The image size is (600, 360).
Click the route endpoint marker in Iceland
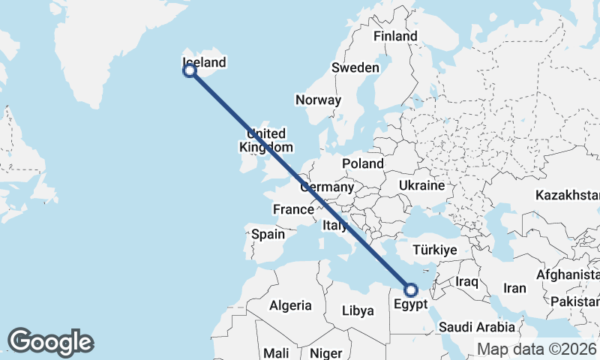[x=190, y=70]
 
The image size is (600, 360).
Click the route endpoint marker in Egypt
[x=411, y=289]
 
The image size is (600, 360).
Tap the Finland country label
[x=395, y=36]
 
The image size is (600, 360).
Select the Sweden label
[x=355, y=67]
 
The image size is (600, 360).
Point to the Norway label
[x=318, y=100]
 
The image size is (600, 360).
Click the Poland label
[x=363, y=163]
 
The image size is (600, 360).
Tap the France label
[x=292, y=209]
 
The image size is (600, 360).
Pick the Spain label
[x=268, y=234]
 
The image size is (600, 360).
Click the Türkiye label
[x=436, y=250]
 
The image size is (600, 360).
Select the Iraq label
[x=467, y=281]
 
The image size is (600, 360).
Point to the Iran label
[x=514, y=288]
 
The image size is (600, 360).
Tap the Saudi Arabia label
[x=477, y=327]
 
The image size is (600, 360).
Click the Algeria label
[x=290, y=305]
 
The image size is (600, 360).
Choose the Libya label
[x=357, y=310]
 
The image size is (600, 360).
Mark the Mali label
[x=276, y=352]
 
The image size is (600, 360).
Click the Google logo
[x=50, y=342]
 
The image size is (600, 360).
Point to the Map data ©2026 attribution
[x=537, y=349]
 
